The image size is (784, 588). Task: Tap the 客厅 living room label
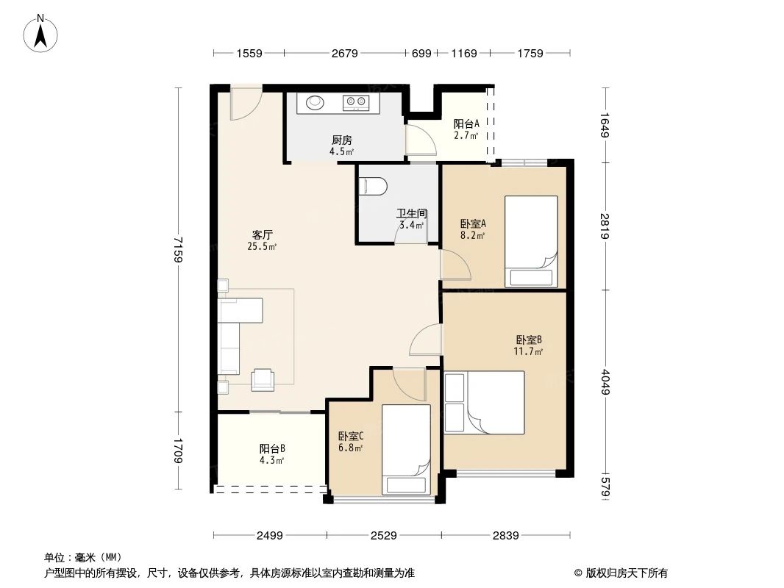263,235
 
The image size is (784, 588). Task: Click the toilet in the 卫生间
373,187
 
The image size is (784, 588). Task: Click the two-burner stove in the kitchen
356,103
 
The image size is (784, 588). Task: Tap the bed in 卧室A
531,240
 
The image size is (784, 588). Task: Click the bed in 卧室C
405,448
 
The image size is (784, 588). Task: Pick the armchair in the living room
263,379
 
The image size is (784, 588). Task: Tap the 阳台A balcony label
466,124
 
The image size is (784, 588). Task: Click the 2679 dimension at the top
344,53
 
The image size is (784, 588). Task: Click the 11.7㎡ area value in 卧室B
528,351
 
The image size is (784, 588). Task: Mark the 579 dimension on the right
605,487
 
